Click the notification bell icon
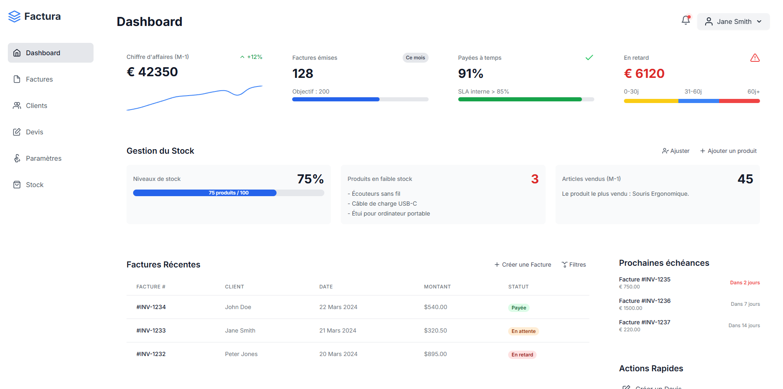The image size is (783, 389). pyautogui.click(x=686, y=20)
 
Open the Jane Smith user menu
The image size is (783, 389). pyautogui.click(x=733, y=21)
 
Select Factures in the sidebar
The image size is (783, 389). pyautogui.click(x=39, y=79)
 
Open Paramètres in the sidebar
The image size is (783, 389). pyautogui.click(x=43, y=158)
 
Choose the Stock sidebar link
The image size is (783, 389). pyautogui.click(x=35, y=185)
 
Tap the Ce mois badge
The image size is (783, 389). pyautogui.click(x=415, y=58)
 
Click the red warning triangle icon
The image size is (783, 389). pyautogui.click(x=755, y=58)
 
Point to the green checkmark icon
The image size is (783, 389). pyautogui.click(x=589, y=58)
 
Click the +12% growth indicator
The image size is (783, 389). pyautogui.click(x=251, y=57)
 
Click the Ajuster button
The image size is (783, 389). pyautogui.click(x=676, y=151)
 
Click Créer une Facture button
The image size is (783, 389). pyautogui.click(x=523, y=265)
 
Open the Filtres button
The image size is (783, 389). pyautogui.click(x=574, y=265)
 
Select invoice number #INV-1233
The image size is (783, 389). pyautogui.click(x=151, y=330)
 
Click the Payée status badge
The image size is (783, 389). pyautogui.click(x=518, y=308)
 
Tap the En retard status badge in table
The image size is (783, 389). pyautogui.click(x=522, y=355)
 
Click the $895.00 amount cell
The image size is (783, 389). pyautogui.click(x=435, y=354)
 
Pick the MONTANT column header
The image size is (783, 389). pyautogui.click(x=437, y=287)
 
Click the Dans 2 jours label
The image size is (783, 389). pyautogui.click(x=745, y=283)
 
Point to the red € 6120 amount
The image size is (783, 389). pyautogui.click(x=644, y=73)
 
